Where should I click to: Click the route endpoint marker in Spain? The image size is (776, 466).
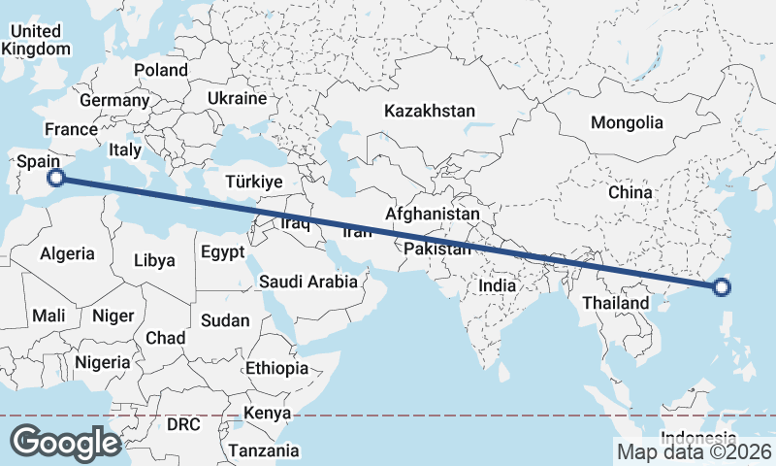(57, 178)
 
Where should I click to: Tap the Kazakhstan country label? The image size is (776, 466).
(429, 111)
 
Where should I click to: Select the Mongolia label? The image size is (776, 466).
(627, 122)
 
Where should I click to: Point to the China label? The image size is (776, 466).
(630, 192)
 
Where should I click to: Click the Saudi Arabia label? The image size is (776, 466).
(307, 283)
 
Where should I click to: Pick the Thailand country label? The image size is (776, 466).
(615, 304)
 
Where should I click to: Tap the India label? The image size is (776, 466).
(497, 286)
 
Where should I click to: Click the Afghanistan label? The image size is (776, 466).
(433, 214)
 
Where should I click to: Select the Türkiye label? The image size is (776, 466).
(253, 182)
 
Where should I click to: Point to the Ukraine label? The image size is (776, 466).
(237, 99)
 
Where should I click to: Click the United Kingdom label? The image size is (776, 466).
(37, 40)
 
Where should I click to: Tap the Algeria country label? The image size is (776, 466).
(67, 253)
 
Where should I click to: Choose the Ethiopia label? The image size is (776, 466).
(276, 369)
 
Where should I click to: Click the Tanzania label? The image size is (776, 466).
(263, 450)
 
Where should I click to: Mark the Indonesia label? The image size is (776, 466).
(696, 436)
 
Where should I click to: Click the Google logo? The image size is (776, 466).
(65, 443)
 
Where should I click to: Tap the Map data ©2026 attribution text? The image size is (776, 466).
(694, 451)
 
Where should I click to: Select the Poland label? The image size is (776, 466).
(161, 70)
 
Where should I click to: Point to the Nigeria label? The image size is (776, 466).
(101, 362)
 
